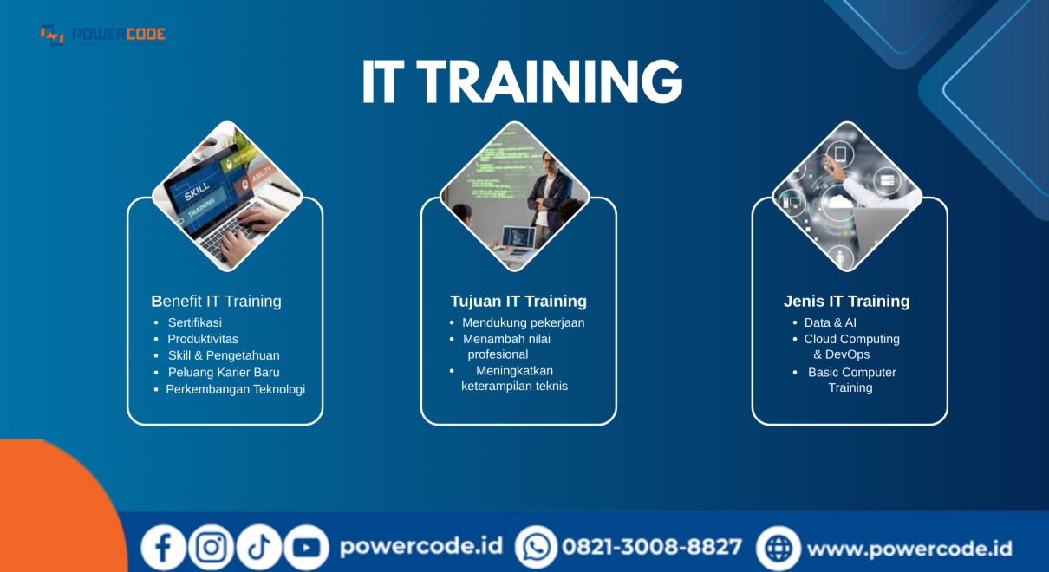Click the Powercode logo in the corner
pyautogui.click(x=103, y=36)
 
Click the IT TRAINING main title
pyautogui.click(x=522, y=82)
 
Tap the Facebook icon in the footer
pyautogui.click(x=164, y=547)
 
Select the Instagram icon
pyautogui.click(x=212, y=547)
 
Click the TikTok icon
pyautogui.click(x=259, y=547)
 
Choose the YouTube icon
pyautogui.click(x=307, y=547)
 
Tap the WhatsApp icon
pyautogui.click(x=537, y=547)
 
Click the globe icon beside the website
pyautogui.click(x=779, y=548)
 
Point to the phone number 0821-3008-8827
pyautogui.click(x=652, y=547)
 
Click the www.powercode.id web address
pyautogui.click(x=909, y=549)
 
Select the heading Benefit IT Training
pyautogui.click(x=217, y=301)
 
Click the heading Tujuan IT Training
pyautogui.click(x=518, y=301)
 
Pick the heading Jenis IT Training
pyautogui.click(x=847, y=301)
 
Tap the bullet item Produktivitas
pyautogui.click(x=203, y=339)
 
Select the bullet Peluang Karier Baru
pyautogui.click(x=224, y=372)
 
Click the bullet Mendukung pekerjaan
pyautogui.click(x=523, y=322)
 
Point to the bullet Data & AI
pyautogui.click(x=831, y=322)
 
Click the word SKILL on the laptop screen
pyautogui.click(x=197, y=192)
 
